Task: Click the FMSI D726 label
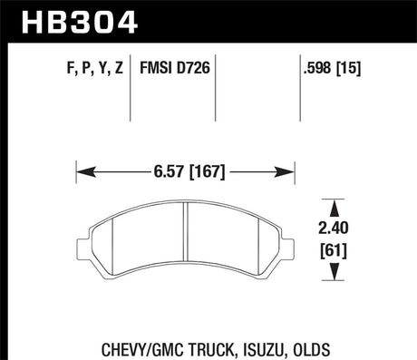click(175, 67)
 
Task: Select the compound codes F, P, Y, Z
click(95, 68)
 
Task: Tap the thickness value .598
click(317, 67)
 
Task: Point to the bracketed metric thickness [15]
click(349, 68)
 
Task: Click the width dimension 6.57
click(169, 171)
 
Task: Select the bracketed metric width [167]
click(207, 172)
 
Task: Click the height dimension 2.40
click(334, 228)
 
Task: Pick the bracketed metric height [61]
click(334, 250)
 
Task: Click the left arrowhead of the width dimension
click(86, 172)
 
